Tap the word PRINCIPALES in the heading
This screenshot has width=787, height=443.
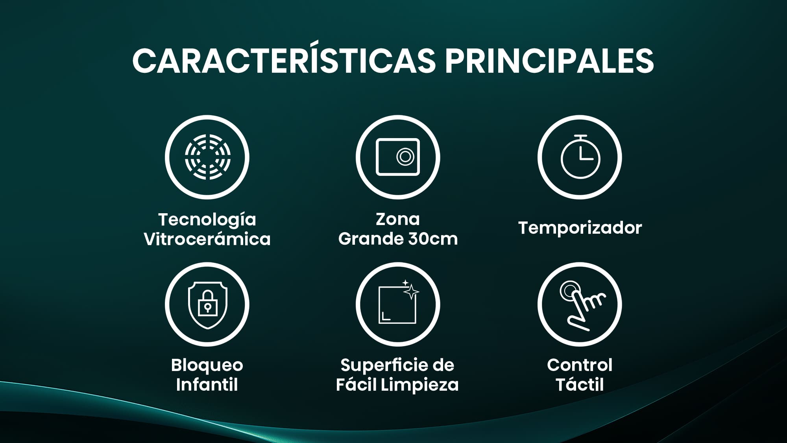(x=549, y=61)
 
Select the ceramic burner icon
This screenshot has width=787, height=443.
(x=208, y=157)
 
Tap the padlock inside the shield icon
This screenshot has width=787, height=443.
(x=207, y=303)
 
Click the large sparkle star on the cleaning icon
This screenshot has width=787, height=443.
(x=412, y=292)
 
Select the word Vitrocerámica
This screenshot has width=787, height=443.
(x=207, y=239)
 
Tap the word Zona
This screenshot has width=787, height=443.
(x=398, y=219)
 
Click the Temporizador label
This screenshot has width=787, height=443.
(x=580, y=228)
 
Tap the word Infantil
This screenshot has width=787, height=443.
(x=207, y=384)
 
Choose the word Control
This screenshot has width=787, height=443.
(x=580, y=365)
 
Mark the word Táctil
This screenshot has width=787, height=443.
(x=580, y=384)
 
